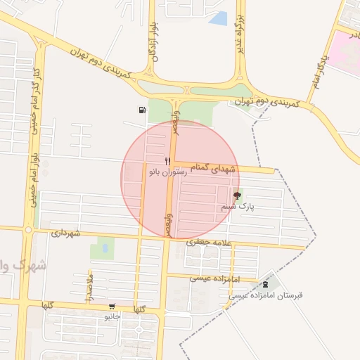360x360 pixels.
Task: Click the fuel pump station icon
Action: click(x=143, y=110)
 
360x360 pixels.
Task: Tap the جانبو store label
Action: click(x=112, y=316)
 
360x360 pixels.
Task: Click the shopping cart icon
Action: click(x=112, y=307)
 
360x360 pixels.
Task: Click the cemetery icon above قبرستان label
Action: click(x=265, y=285)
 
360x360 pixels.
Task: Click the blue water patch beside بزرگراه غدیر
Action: click(x=219, y=19)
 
